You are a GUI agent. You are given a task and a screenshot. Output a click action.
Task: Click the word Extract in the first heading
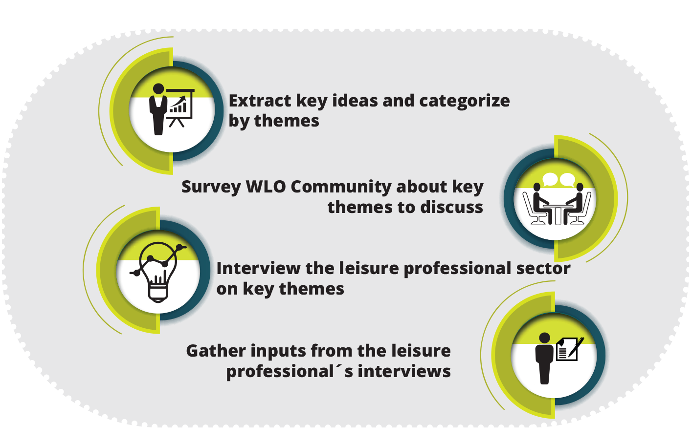260,101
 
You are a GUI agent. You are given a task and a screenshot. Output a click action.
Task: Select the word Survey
211,188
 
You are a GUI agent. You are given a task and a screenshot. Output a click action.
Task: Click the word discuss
452,207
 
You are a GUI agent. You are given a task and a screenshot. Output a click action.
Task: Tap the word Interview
258,268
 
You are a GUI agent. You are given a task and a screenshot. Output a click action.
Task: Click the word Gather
216,351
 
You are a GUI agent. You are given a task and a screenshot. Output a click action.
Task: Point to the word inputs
278,352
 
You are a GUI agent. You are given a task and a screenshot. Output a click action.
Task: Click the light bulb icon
158,272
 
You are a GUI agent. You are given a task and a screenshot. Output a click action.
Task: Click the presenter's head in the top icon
158,88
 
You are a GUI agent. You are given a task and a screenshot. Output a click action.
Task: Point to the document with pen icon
569,349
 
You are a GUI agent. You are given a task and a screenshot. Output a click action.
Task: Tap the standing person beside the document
544,359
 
